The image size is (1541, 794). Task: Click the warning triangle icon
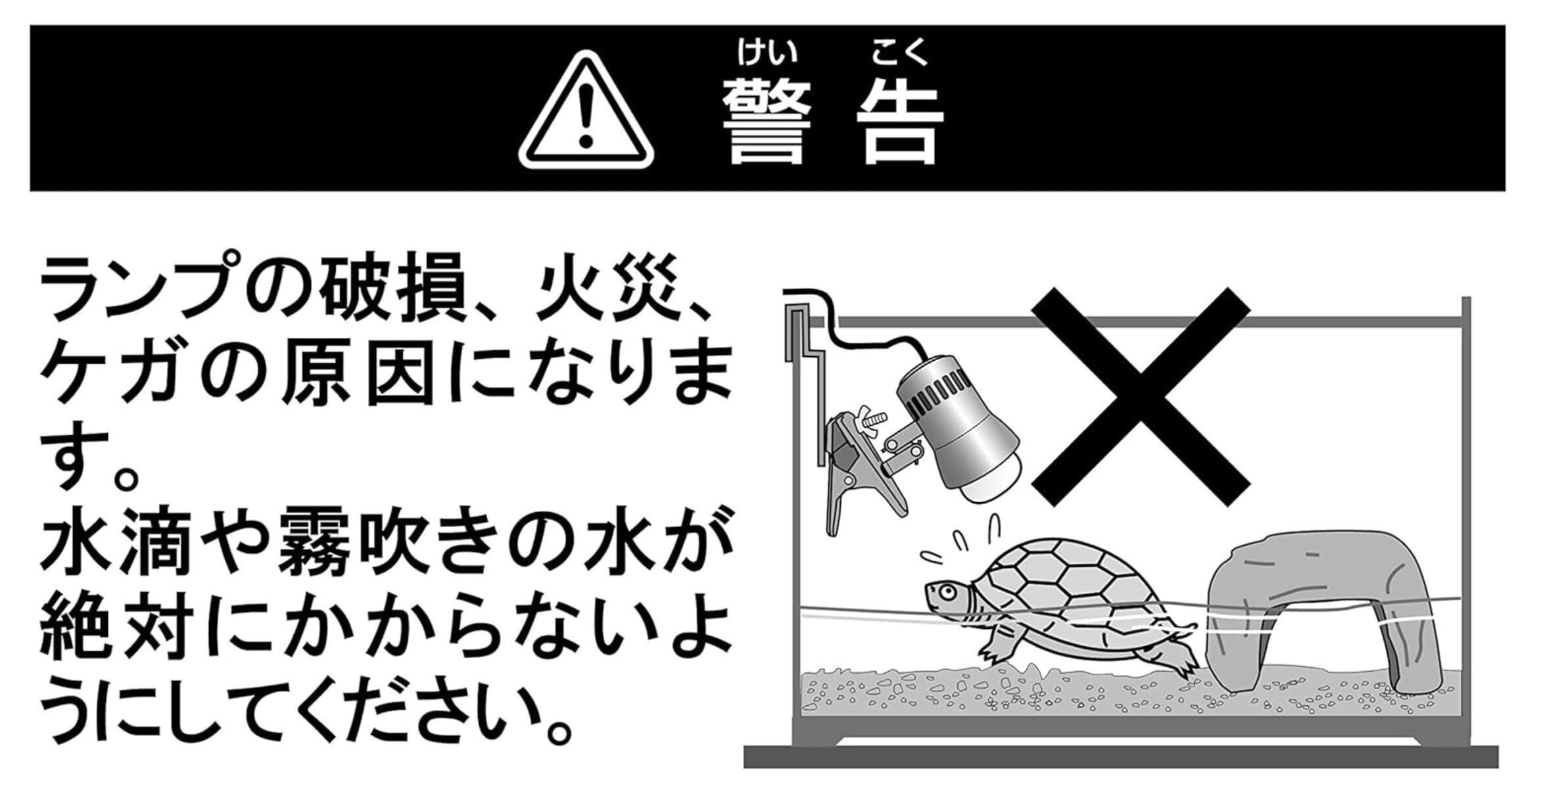click(586, 110)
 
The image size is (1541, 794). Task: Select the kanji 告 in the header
click(900, 122)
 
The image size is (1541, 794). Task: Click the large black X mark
click(1141, 396)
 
